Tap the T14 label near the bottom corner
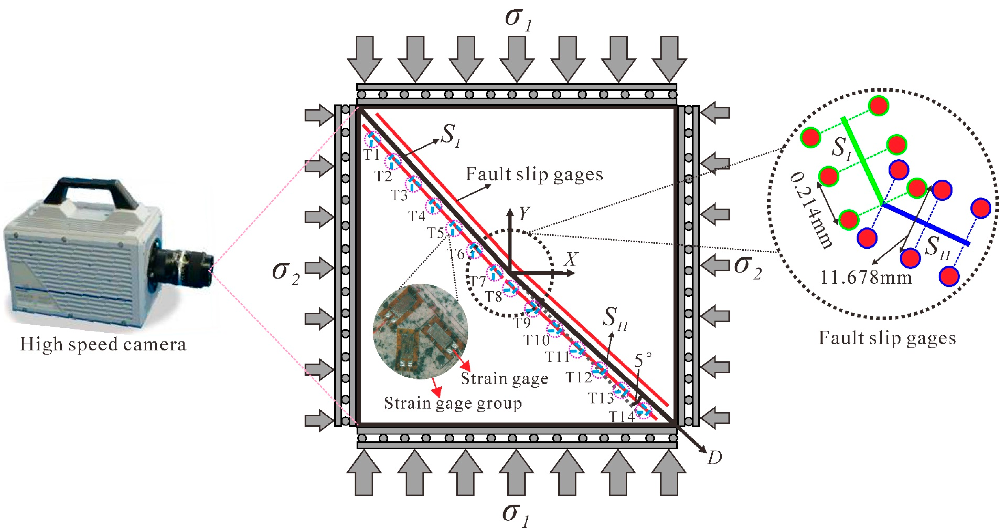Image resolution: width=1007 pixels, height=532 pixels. point(622,417)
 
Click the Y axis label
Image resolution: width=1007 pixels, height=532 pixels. point(524,214)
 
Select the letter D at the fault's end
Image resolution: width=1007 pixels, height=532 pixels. point(715,457)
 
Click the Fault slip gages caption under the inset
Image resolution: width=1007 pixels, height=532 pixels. point(887,338)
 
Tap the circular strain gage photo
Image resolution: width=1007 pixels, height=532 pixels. point(421,331)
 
